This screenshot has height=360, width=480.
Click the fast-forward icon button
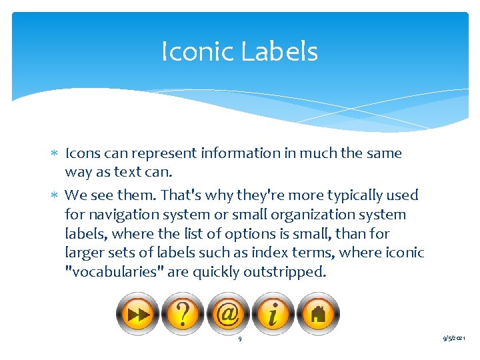[x=138, y=314]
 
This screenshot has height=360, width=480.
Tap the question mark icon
[x=183, y=314]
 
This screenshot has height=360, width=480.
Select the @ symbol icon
[x=228, y=314]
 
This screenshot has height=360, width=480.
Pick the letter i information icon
[x=273, y=314]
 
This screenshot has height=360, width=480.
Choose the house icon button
[x=318, y=314]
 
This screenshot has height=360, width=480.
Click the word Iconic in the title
[x=197, y=51]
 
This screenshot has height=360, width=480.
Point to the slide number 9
[x=240, y=340]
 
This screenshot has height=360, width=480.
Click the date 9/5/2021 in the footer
[x=455, y=339]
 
